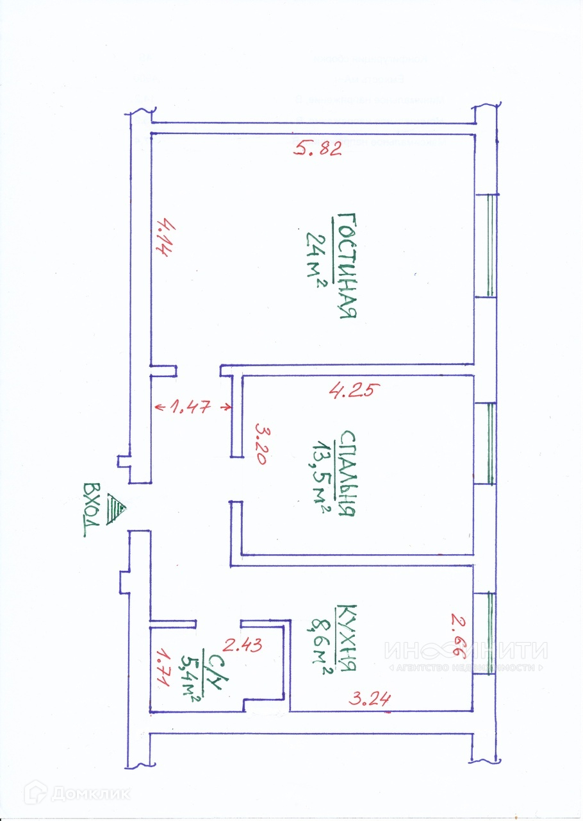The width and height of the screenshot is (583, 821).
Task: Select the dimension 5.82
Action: [318, 149]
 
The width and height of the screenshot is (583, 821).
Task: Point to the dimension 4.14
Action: [164, 238]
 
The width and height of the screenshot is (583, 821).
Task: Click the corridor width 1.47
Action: [193, 406]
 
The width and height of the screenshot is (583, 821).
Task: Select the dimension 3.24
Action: [370, 699]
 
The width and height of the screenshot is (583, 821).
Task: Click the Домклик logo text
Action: [90, 793]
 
